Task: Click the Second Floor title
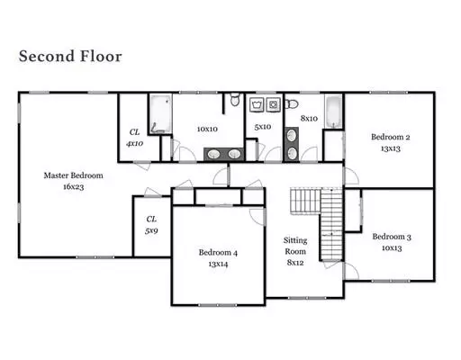point(70,57)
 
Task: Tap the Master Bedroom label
point(74,175)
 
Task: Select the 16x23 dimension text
point(74,187)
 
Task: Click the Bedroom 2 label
point(391,137)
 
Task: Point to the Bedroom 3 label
point(392,237)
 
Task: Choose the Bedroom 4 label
point(218,253)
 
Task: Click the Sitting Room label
point(295,246)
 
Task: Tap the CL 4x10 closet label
point(134,138)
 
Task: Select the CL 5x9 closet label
point(151,225)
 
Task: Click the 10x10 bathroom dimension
point(207,130)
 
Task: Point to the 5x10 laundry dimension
point(263,127)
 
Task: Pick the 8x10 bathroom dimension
point(309,119)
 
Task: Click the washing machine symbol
point(257,104)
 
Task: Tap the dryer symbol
point(273,104)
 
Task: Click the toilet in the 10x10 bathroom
point(235,100)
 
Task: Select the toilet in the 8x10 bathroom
point(292,104)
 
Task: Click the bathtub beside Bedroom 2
point(334,112)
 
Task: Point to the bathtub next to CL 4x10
point(161,113)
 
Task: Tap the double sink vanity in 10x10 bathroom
point(223,154)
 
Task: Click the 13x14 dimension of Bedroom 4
point(218,264)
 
